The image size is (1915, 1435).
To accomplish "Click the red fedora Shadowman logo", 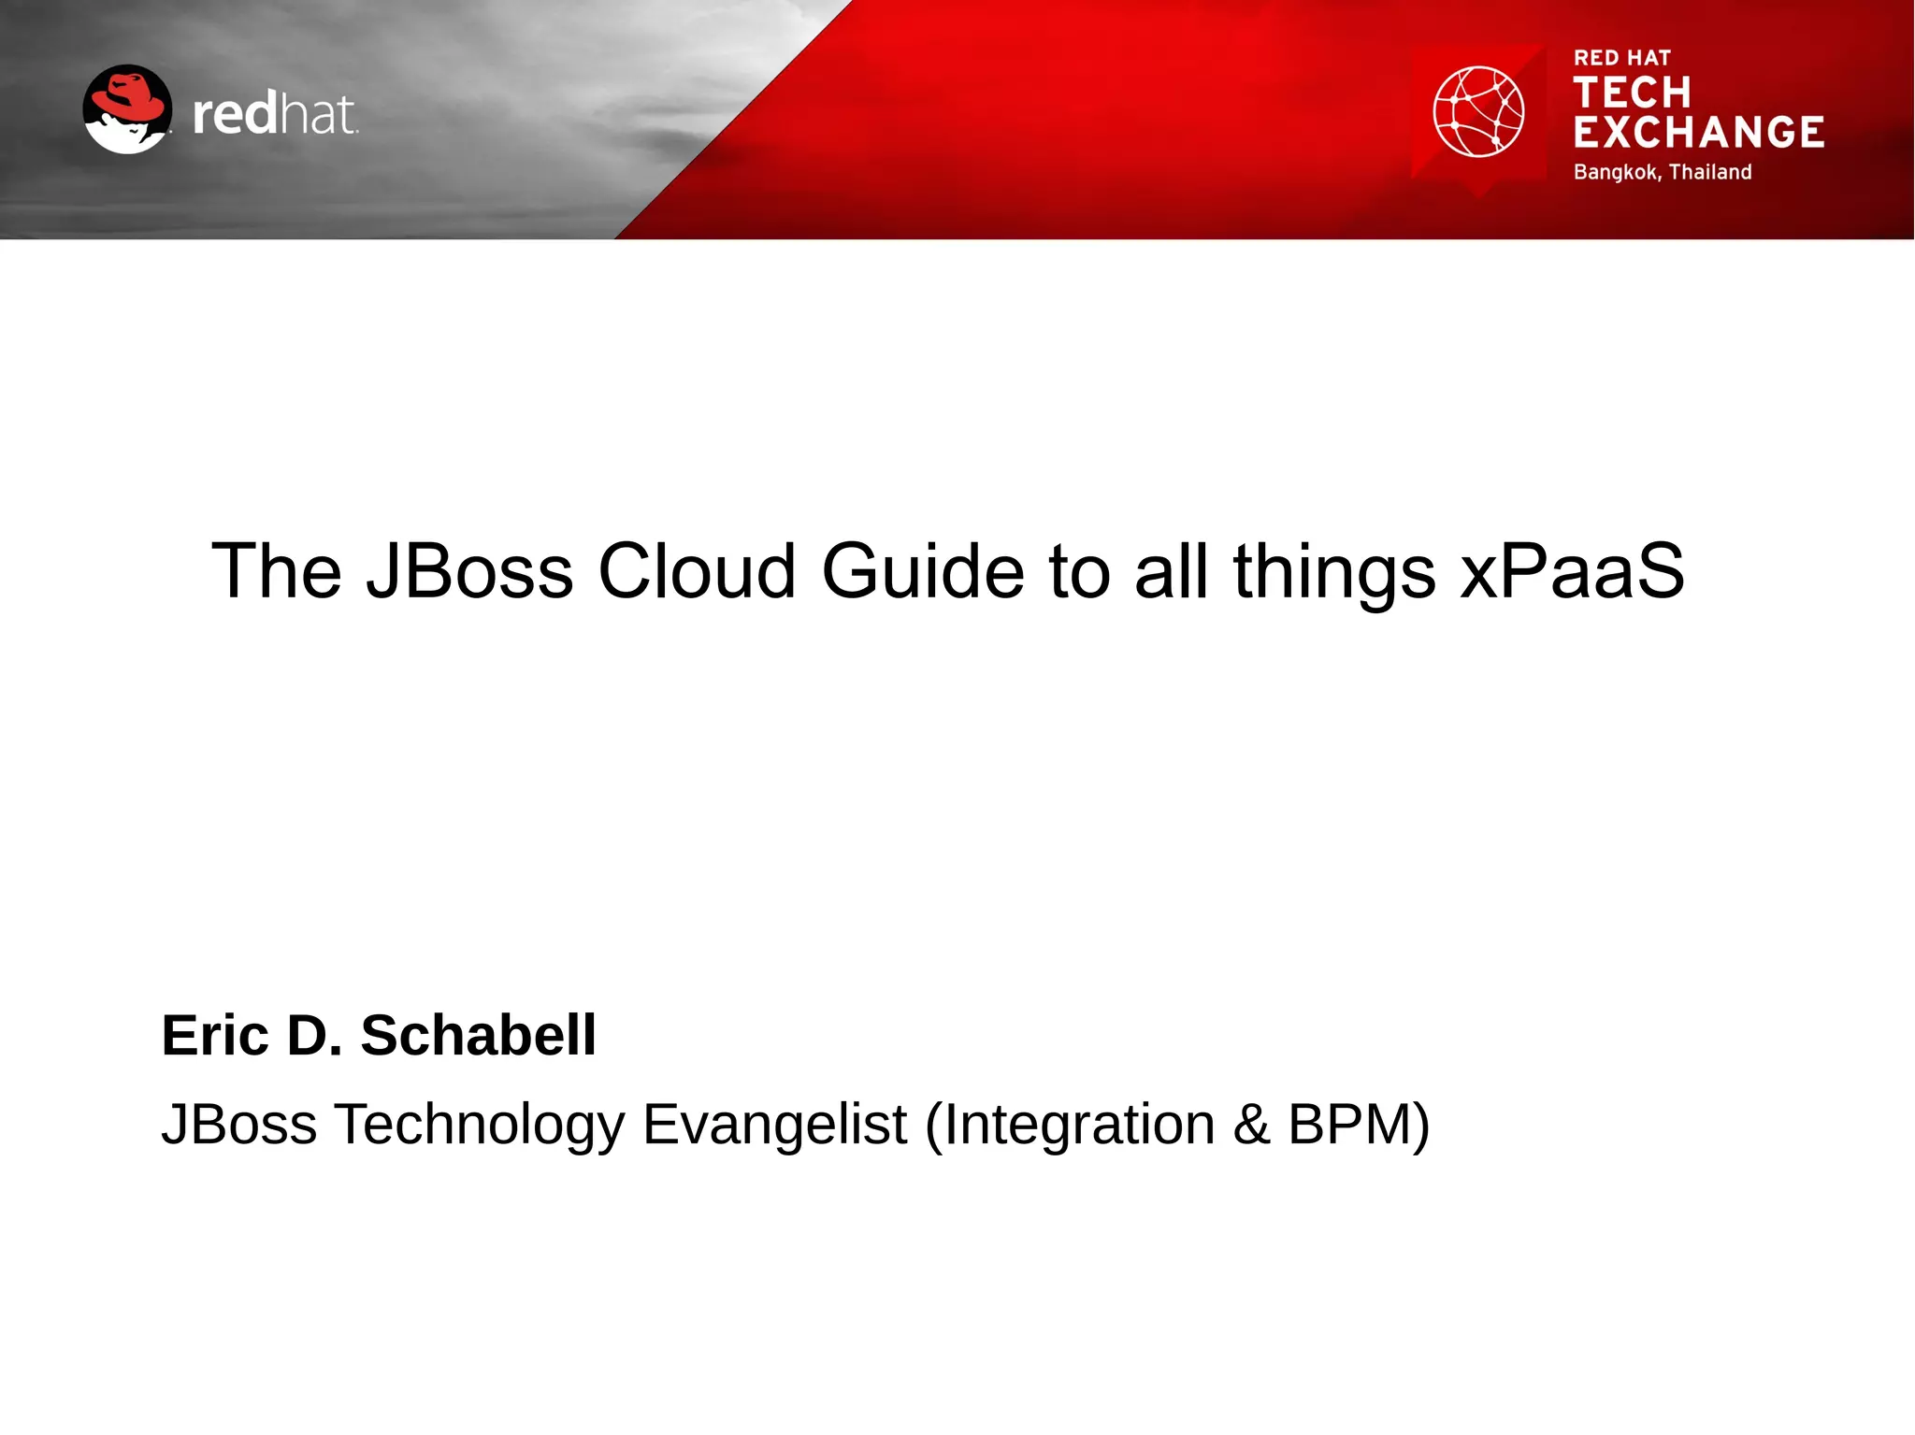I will point(127,108).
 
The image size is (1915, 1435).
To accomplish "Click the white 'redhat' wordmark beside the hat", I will point(274,115).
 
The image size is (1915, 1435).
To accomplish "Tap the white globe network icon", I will point(1478,111).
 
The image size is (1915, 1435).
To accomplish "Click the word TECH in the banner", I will point(1632,93).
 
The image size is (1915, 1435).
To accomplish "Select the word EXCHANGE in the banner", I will point(1698,133).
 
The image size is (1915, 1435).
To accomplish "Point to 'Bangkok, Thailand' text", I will point(1662,172).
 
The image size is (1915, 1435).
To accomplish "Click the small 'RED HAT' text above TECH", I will point(1621,58).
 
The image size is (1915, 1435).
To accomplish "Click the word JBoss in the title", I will point(469,570).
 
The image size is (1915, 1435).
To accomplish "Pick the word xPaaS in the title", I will point(1572,570).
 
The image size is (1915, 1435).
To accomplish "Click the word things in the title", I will point(1333,572).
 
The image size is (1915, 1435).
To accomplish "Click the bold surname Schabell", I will point(478,1036).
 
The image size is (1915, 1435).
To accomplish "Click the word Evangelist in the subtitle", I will point(774,1124).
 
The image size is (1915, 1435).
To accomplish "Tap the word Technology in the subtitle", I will point(480,1126).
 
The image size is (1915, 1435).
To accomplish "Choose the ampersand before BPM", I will point(1251,1124).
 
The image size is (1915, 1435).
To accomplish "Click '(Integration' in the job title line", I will point(1070,1126).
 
